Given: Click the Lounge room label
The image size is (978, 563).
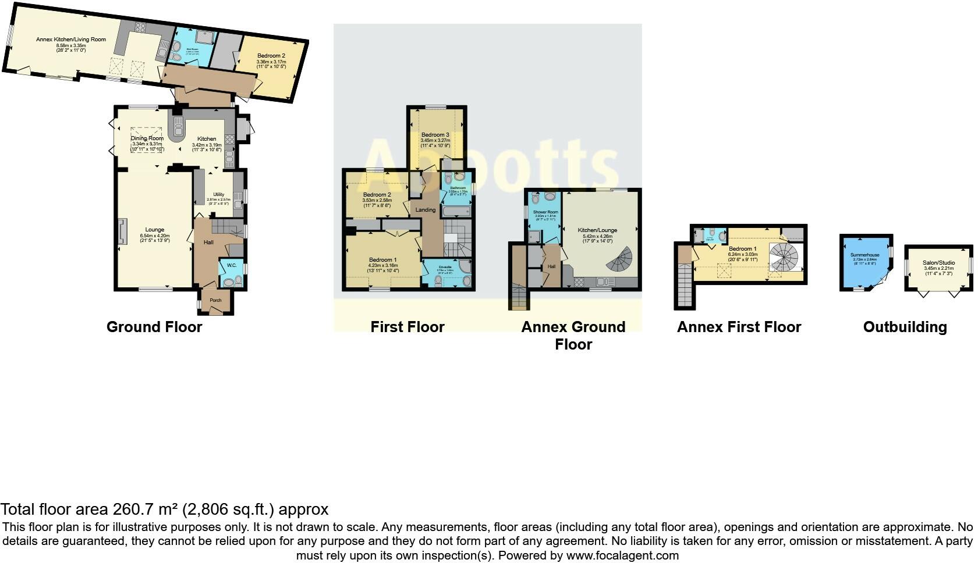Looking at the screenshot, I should coord(155,230).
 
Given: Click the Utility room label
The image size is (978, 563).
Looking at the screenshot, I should coord(218,194).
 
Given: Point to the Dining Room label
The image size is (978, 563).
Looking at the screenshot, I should coord(147,138).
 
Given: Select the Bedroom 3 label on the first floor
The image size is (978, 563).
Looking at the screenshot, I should coord(435,135).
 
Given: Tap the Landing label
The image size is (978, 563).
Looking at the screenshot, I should coord(426,209).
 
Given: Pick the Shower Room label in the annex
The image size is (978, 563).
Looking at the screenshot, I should coord(545,212).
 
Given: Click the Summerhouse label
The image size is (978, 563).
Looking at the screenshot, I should coord(864,255).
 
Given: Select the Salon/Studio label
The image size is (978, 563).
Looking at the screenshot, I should coord(938,262).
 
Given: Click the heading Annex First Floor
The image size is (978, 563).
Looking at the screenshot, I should coord(739,327).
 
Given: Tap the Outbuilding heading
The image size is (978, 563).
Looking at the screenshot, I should coord(905,327).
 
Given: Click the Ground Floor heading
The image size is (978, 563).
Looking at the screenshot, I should coord(154,327).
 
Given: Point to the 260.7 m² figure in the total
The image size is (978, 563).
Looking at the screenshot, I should coord(144,509).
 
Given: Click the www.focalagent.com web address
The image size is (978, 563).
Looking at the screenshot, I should coord(622,555).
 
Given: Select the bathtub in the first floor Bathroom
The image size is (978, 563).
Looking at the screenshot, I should coord(457,210).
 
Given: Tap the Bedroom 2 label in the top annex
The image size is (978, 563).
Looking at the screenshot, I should coord(271,56).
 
